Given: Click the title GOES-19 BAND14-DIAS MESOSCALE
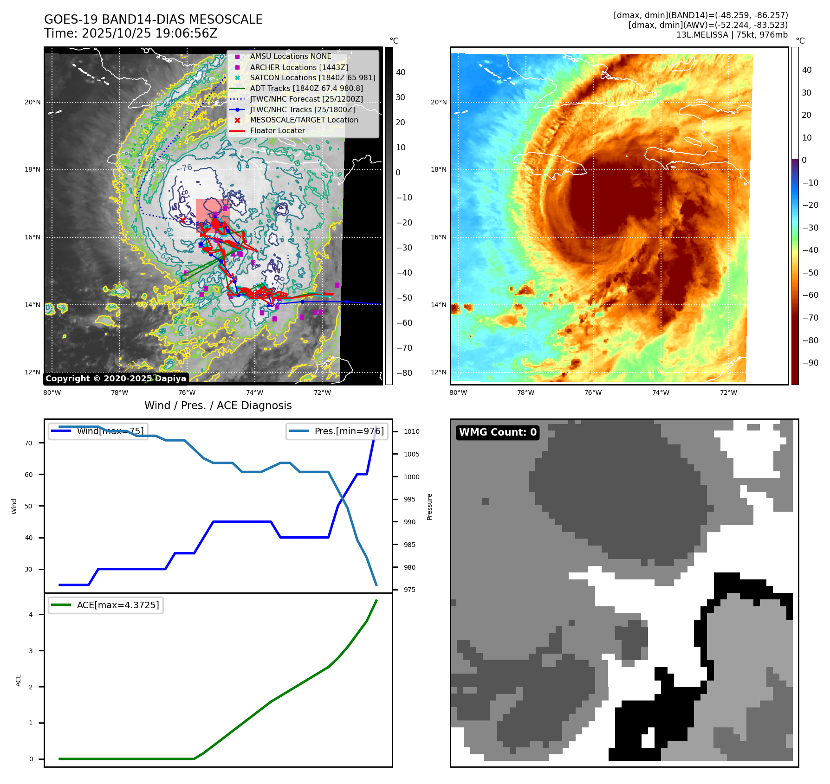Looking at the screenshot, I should [x=153, y=19].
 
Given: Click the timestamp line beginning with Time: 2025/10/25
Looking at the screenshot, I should [x=130, y=33].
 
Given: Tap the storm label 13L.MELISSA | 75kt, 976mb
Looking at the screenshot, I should [x=732, y=35].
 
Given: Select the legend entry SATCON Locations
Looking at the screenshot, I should [x=312, y=78].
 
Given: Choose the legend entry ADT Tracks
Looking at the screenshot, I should [x=306, y=88].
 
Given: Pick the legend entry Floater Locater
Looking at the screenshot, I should [x=277, y=131].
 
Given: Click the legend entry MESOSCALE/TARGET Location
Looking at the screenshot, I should [x=304, y=120].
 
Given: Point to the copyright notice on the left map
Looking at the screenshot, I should [x=116, y=379].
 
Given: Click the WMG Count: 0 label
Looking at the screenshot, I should [x=498, y=432].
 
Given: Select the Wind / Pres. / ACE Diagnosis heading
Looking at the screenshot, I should [x=218, y=405].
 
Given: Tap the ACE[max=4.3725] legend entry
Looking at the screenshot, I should [x=117, y=605].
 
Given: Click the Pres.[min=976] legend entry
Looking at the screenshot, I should [x=349, y=431].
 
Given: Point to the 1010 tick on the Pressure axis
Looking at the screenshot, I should [x=411, y=431].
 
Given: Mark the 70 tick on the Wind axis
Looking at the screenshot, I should [x=29, y=443].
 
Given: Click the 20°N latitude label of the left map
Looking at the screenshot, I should [x=32, y=103].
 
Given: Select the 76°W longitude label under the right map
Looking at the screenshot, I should [x=593, y=393].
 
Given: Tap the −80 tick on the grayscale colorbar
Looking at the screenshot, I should [x=404, y=373].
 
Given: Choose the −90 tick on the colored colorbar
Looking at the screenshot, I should [x=810, y=363].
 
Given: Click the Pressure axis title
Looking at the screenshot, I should [x=430, y=507].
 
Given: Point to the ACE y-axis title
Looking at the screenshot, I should [x=19, y=680].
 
